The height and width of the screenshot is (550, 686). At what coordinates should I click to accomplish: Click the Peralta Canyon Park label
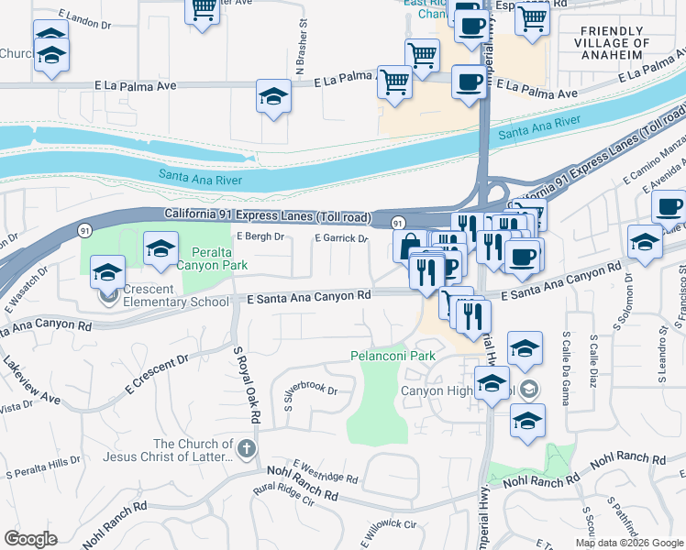[220, 258]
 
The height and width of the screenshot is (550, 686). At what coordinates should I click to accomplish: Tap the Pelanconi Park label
[393, 355]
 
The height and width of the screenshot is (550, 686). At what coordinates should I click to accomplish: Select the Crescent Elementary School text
[176, 301]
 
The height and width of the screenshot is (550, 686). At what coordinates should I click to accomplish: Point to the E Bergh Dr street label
[261, 236]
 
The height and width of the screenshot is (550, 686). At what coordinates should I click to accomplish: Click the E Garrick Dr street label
[341, 238]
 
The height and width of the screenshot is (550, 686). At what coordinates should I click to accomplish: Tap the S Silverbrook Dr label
[311, 389]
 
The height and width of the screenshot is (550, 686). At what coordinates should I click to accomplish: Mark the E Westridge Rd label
[326, 472]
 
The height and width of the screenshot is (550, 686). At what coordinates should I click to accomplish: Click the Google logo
[30, 539]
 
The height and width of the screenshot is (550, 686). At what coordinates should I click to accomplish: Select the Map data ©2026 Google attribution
[629, 543]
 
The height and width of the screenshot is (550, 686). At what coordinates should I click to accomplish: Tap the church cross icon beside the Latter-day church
[245, 449]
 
